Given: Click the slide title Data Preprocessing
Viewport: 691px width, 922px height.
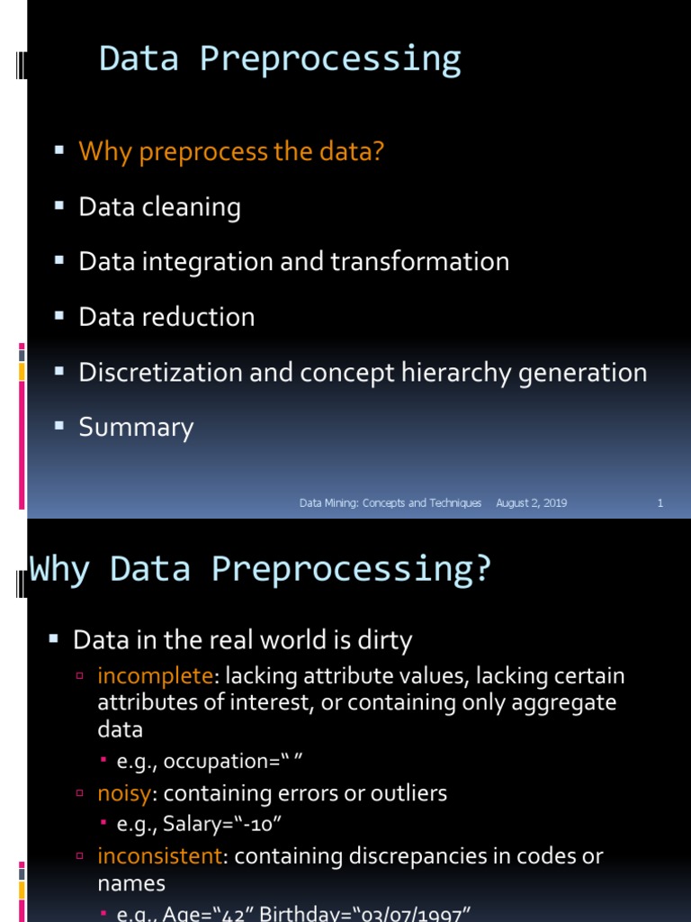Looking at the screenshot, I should click(280, 59).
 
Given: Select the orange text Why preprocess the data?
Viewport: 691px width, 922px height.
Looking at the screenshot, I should click(231, 151).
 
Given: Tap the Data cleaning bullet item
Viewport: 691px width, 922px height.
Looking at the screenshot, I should click(159, 207).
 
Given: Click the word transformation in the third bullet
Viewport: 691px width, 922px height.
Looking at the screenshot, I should click(419, 262).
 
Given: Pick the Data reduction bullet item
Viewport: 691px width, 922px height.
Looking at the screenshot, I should click(166, 317).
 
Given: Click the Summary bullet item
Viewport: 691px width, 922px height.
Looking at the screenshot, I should click(136, 427).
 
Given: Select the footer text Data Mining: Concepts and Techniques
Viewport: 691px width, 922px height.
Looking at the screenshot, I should click(390, 503).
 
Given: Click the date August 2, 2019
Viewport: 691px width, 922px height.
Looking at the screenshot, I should click(531, 503).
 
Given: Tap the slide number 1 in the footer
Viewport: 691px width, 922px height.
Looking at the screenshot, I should click(660, 503).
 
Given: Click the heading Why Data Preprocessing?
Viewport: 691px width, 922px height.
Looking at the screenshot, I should click(261, 569).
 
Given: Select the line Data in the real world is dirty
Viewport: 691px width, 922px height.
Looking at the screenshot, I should click(242, 641).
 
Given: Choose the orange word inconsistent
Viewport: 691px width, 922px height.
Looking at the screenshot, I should click(159, 855).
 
